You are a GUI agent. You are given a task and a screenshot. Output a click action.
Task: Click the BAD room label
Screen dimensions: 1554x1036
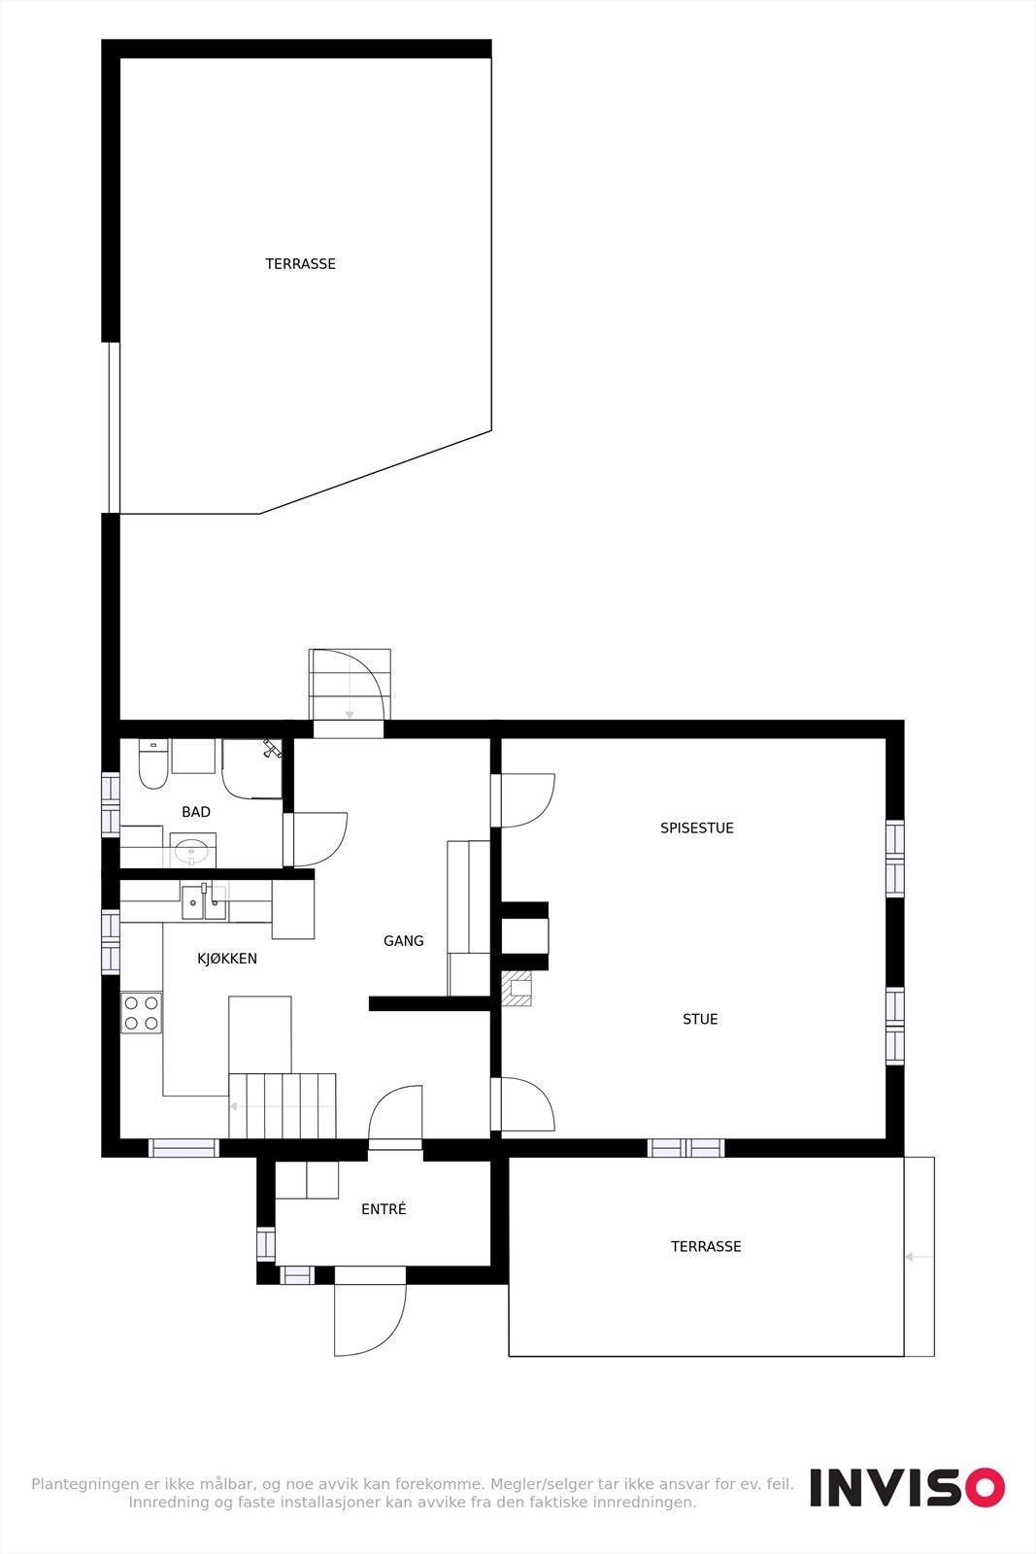point(196,812)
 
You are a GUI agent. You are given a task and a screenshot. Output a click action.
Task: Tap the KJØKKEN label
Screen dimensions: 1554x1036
point(227,959)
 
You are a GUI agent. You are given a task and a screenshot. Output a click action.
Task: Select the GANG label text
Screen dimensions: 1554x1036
point(404,941)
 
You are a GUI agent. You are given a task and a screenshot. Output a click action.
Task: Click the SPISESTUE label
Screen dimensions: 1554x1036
point(697,828)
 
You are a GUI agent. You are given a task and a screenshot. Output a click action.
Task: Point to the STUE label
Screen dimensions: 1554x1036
point(700,1019)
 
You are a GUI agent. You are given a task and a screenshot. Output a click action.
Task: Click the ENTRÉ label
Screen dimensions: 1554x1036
point(384,1209)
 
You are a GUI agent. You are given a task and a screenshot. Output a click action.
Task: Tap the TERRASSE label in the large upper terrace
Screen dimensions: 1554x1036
point(301,264)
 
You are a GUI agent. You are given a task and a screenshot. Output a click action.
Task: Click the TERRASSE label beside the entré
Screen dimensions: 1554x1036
point(706,1246)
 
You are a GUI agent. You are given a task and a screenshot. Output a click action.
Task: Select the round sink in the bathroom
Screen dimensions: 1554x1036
point(192,851)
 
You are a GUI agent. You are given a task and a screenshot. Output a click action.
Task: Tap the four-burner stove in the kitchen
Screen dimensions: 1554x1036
point(142,1013)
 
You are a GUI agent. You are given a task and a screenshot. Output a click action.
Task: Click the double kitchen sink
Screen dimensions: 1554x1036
point(204,902)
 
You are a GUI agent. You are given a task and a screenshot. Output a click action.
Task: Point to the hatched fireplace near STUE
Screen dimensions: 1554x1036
point(517,989)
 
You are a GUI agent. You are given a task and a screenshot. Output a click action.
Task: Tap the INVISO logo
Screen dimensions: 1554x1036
point(907,1487)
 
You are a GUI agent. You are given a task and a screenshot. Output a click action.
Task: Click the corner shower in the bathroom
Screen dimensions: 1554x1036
point(251,767)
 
